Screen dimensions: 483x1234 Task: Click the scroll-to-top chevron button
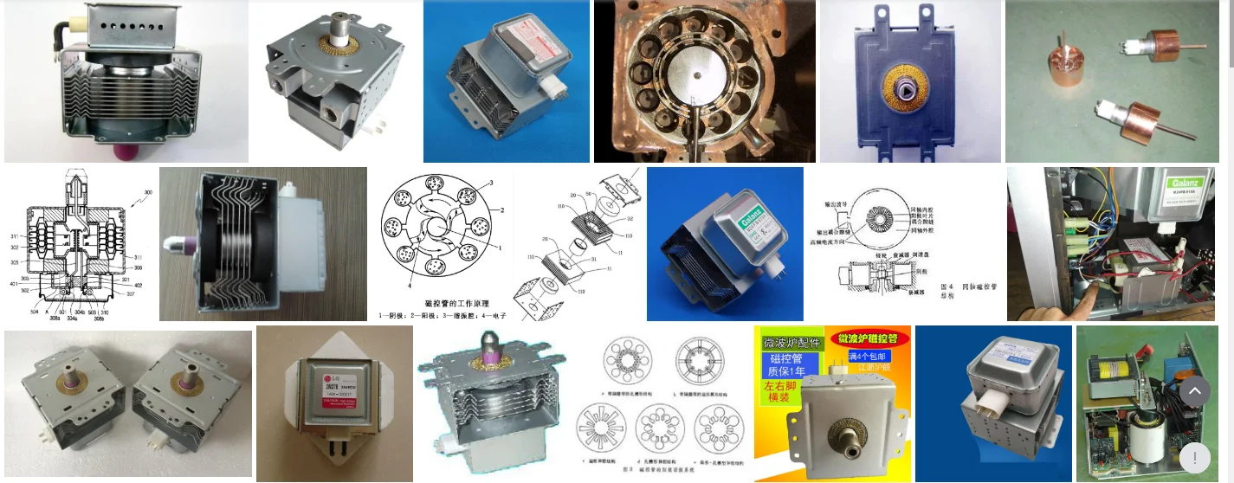coord(1194,391)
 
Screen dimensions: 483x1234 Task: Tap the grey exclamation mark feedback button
coord(1194,457)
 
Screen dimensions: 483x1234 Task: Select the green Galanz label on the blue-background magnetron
coord(753,225)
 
